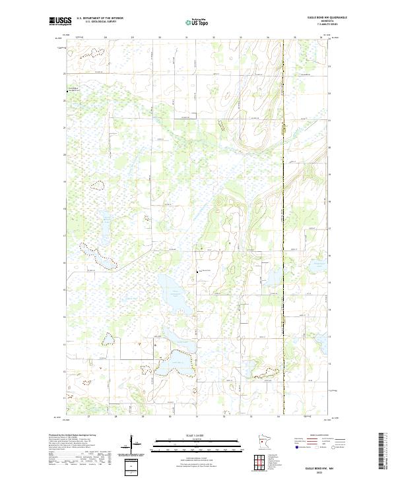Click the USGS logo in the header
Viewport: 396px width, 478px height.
coord(60,21)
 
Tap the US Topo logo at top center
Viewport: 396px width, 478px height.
coord(198,21)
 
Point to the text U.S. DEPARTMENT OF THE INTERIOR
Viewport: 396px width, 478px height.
coord(100,18)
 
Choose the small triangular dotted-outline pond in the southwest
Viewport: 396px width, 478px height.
coord(107,339)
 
